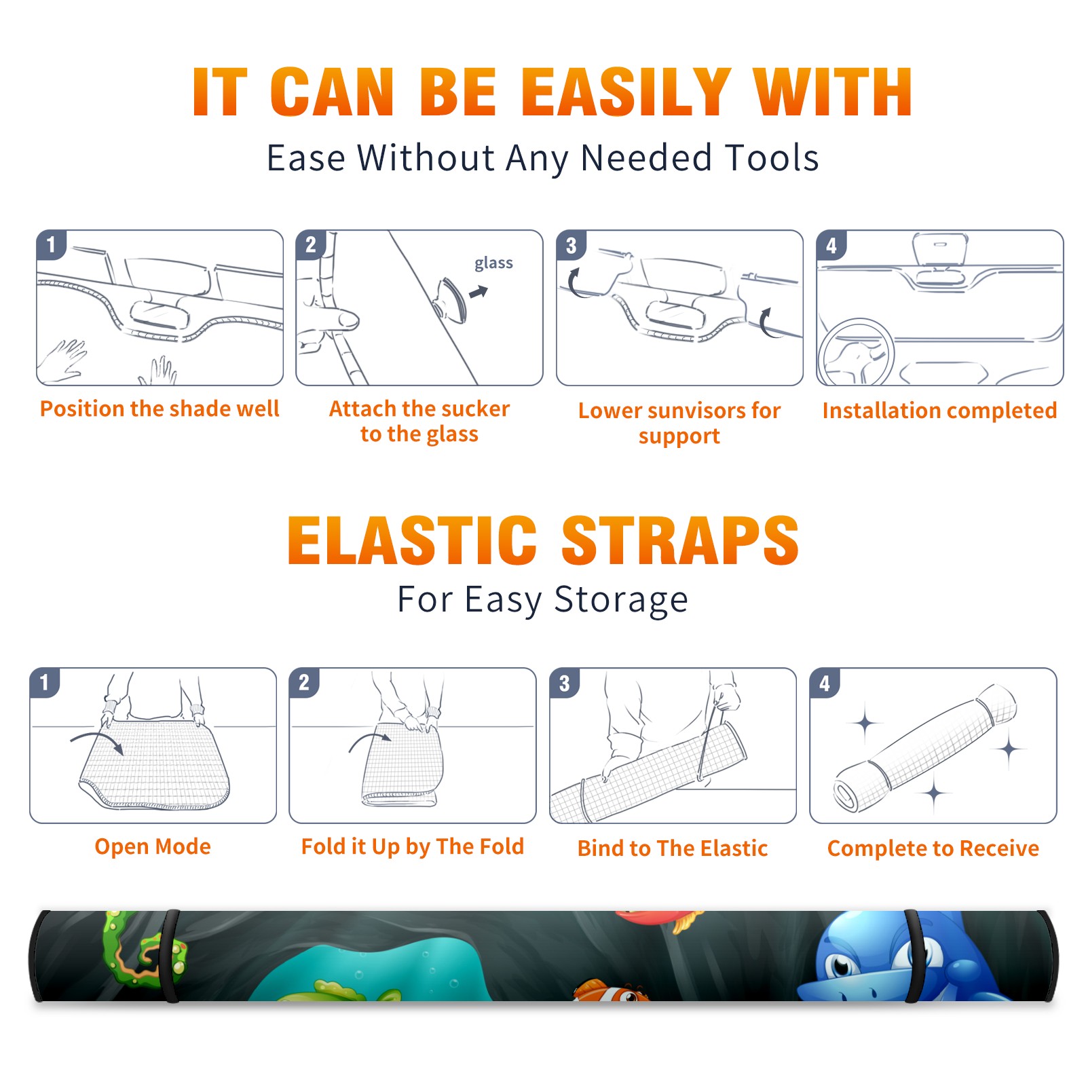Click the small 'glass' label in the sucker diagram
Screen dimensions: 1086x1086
[x=493, y=263]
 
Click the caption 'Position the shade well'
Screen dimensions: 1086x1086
[x=160, y=409]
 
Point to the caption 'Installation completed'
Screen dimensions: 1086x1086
[x=939, y=410]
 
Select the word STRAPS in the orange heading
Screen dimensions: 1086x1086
[x=680, y=540]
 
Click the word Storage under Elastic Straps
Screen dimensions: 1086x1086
[x=621, y=600]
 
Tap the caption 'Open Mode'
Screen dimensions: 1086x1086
[x=153, y=846]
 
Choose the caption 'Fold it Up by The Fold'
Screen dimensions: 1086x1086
[x=413, y=847]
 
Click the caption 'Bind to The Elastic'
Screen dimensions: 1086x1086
[x=673, y=848]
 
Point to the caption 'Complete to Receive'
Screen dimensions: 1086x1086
[x=933, y=848]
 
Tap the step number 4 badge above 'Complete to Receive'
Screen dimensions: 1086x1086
[x=825, y=683]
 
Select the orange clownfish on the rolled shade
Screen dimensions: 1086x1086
[x=611, y=991]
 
